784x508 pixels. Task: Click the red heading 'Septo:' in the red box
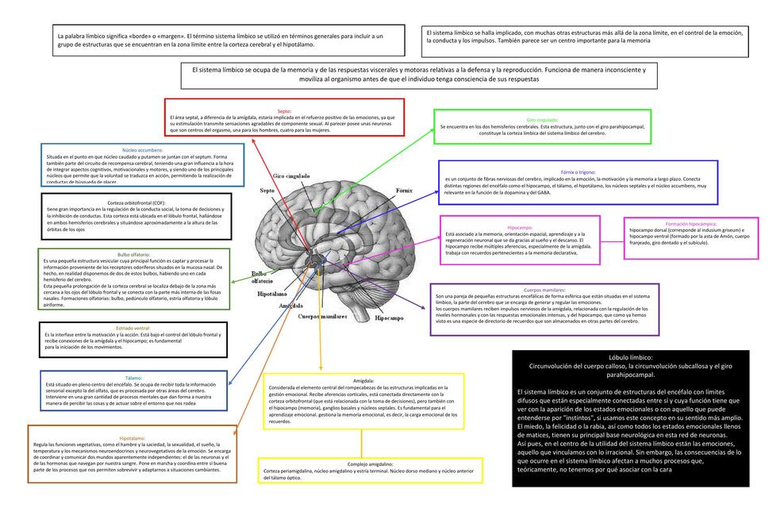(x=284, y=111)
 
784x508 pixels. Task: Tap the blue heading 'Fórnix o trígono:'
(x=578, y=172)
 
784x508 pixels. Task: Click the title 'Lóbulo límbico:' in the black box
(x=630, y=358)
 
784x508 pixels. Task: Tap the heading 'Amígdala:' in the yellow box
(x=363, y=381)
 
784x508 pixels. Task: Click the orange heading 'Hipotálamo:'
(x=132, y=438)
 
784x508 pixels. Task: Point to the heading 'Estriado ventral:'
(x=133, y=328)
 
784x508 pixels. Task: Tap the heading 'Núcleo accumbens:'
(x=143, y=150)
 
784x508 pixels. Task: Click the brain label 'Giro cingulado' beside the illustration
(x=291, y=175)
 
